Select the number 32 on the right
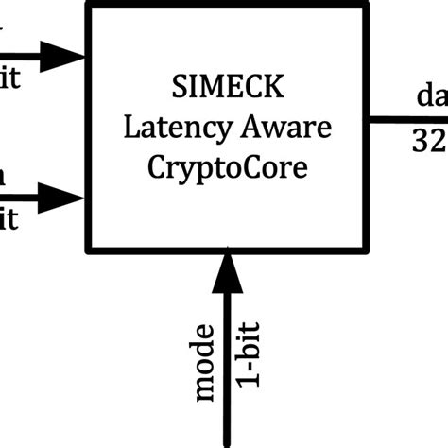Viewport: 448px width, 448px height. (428, 142)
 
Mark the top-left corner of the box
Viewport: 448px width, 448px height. (88, 5)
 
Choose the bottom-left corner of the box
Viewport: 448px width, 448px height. (88, 251)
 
